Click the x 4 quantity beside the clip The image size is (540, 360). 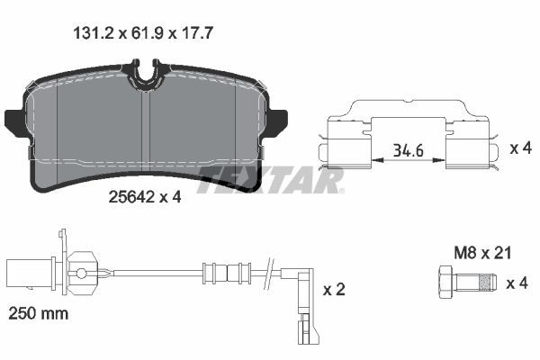519,148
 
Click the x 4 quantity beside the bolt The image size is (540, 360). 517,283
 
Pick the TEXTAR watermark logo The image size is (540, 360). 270,179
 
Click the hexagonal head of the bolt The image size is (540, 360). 446,284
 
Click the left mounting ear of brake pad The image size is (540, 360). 14,120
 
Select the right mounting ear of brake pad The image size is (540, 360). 276,120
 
